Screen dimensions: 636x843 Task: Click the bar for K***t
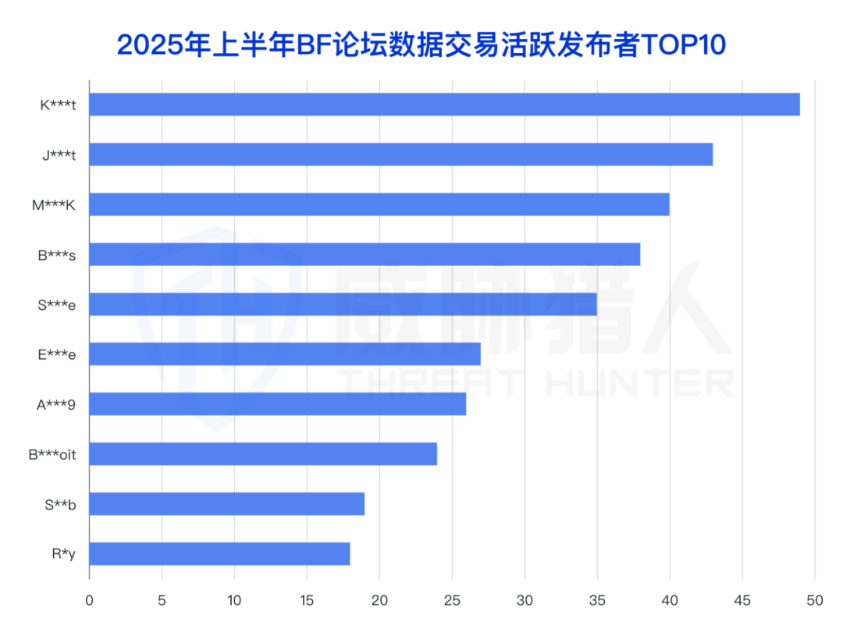444,105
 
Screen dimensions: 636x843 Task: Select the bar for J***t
400,155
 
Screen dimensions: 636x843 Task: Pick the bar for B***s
365,254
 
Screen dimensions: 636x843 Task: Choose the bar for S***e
343,304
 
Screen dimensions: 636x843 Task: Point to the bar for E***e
285,354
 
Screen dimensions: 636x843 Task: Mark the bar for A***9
277,404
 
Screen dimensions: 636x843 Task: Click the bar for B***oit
263,454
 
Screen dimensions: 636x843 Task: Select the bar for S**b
226,504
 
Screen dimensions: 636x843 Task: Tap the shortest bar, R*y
219,554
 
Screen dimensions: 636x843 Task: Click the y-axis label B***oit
52,454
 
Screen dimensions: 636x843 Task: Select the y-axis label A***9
57,404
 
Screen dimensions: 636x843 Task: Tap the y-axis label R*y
63,554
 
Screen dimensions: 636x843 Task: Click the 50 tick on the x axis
814,600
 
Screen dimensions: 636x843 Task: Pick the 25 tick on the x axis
452,600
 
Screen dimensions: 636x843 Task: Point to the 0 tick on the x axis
89,600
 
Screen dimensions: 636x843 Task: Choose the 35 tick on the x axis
597,600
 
